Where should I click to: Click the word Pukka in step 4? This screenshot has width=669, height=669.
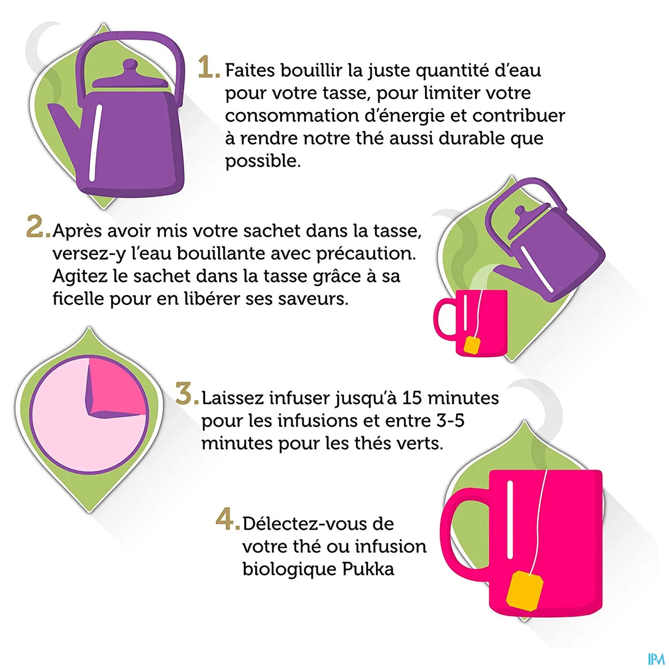[x=368, y=569]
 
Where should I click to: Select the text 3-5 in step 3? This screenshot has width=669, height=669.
[x=450, y=421]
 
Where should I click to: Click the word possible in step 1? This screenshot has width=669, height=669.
[x=262, y=162]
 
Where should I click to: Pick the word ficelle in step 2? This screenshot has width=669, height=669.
[x=78, y=299]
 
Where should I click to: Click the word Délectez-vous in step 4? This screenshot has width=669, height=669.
[x=318, y=524]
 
